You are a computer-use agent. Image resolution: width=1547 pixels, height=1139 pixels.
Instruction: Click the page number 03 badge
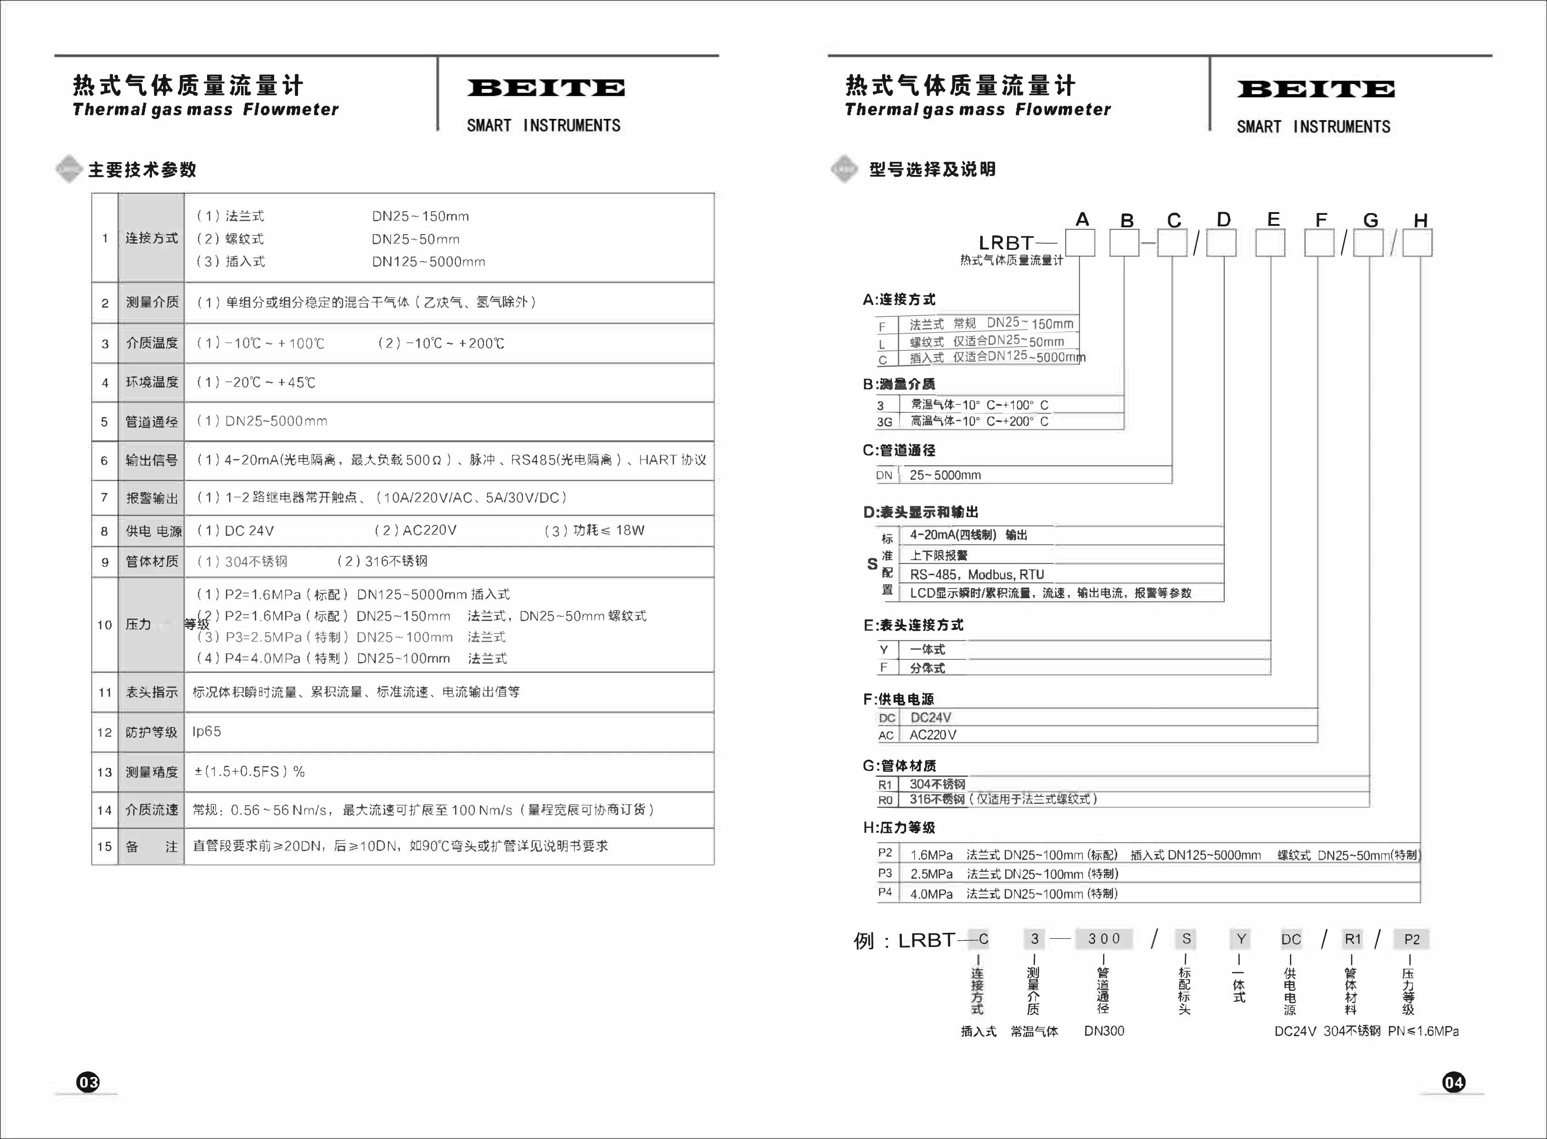[88, 1082]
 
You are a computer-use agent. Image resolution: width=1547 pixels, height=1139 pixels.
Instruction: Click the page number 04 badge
[1453, 1082]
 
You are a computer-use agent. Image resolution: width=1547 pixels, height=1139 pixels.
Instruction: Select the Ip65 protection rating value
[207, 731]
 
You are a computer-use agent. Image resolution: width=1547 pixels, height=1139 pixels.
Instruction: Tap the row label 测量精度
[152, 772]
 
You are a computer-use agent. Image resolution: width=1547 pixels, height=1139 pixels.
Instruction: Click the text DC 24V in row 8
[249, 531]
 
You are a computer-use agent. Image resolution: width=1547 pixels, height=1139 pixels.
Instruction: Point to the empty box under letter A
[1080, 243]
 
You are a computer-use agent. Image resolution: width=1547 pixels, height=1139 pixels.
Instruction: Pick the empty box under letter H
[1418, 243]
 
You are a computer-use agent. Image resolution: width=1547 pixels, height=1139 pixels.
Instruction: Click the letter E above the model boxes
[1273, 219]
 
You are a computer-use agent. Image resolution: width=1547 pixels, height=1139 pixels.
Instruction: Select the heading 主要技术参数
[142, 169]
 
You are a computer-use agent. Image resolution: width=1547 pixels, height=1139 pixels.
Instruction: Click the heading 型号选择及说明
[932, 169]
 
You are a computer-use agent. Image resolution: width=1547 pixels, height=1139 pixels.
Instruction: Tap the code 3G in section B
[884, 422]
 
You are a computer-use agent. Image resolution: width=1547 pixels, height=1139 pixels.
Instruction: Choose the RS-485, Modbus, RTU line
[977, 574]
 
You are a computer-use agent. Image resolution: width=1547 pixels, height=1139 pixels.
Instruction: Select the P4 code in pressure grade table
[885, 892]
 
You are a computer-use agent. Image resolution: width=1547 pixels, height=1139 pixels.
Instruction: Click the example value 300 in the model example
[1104, 939]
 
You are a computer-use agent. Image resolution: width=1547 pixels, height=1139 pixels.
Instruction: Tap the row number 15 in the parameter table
[104, 847]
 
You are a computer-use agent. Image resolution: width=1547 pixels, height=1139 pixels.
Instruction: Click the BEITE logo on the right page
[1315, 90]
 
